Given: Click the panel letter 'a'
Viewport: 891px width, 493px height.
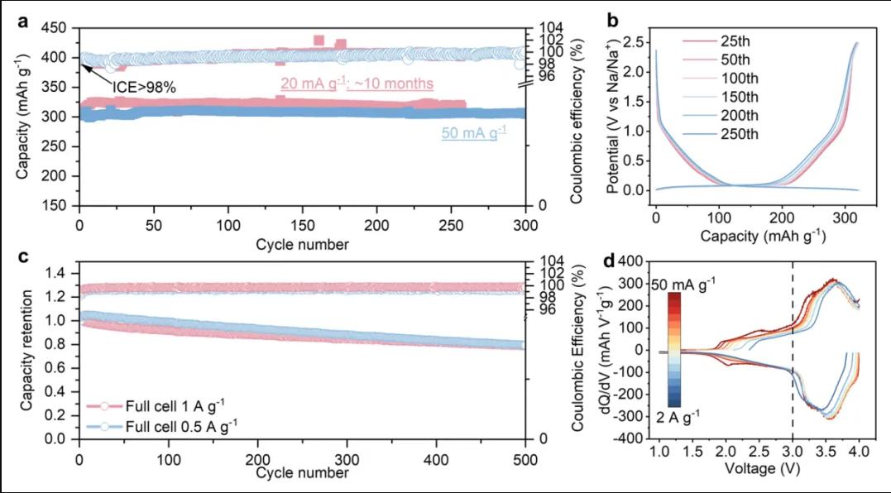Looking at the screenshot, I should click(x=25, y=22).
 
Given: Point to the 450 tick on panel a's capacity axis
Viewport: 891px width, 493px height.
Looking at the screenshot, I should click(x=58, y=28).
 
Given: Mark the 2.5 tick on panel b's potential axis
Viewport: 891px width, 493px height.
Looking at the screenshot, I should click(x=635, y=41).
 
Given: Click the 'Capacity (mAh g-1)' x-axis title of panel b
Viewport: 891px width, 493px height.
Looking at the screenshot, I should click(x=757, y=236).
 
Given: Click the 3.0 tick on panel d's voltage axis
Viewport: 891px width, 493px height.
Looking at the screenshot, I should click(x=793, y=453).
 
